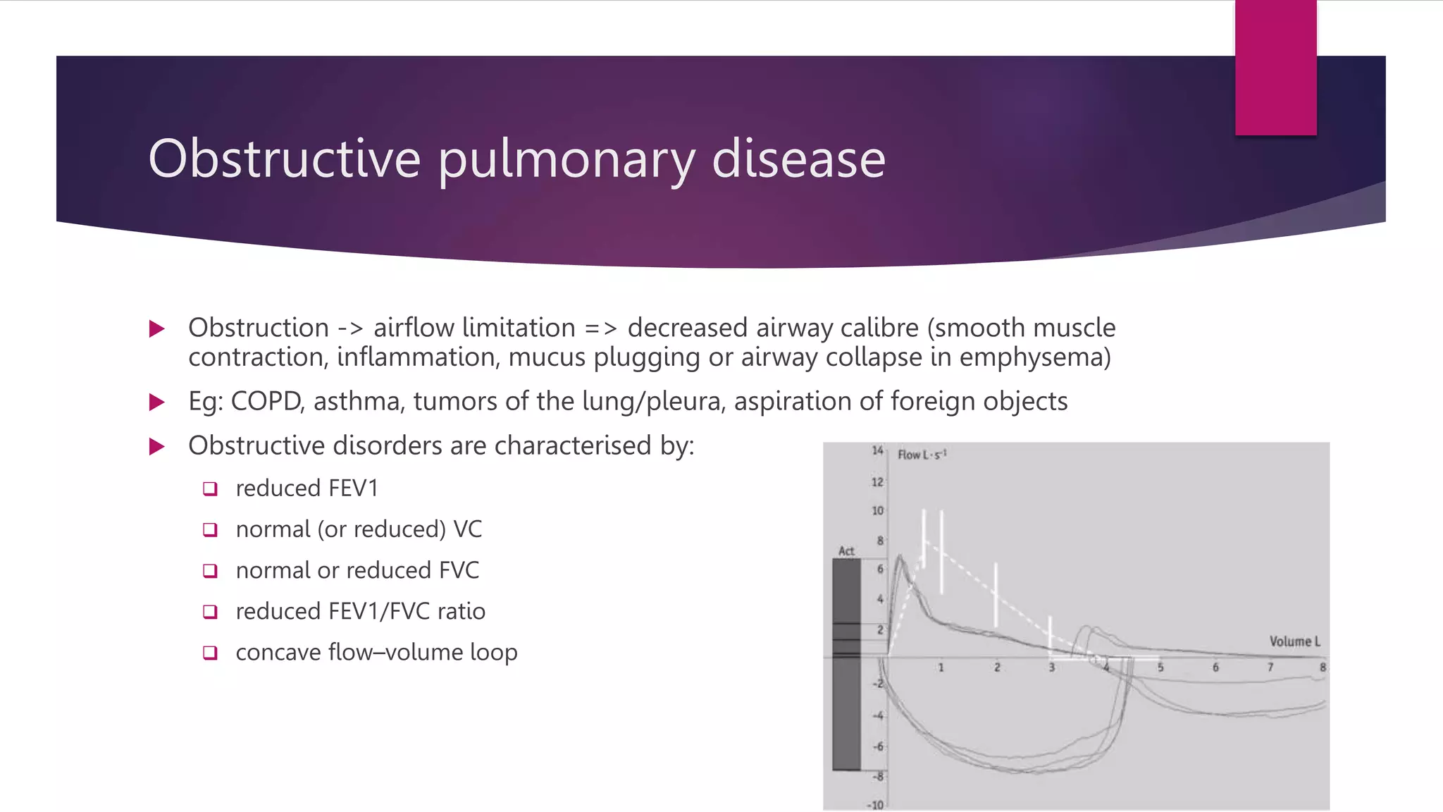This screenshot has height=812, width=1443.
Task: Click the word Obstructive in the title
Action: click(285, 159)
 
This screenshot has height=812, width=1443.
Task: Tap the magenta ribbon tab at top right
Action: click(1275, 68)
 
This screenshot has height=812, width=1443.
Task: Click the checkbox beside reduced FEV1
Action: click(210, 488)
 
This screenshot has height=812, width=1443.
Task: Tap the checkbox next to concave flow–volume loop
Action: click(210, 653)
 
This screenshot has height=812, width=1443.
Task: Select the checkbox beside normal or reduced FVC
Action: click(210, 571)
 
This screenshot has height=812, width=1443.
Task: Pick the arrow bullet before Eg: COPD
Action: click(157, 402)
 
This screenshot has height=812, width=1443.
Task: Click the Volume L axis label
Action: click(1294, 641)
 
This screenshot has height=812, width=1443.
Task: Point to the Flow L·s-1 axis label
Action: click(922, 455)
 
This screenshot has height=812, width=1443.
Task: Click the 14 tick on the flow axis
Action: click(877, 450)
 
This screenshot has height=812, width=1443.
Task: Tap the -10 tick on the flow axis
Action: click(875, 804)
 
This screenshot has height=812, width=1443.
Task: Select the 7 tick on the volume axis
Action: click(1270, 667)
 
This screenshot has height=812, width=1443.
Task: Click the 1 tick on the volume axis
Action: click(941, 667)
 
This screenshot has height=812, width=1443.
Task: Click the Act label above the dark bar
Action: click(846, 551)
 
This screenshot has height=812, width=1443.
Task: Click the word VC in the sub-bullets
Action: click(467, 529)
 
